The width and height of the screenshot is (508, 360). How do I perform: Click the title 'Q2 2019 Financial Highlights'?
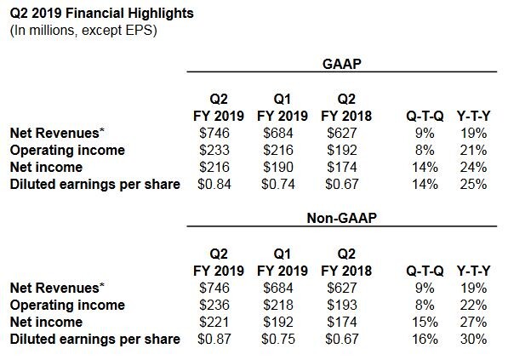coord(102,14)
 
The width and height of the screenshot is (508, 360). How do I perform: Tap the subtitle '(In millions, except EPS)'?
coord(83,31)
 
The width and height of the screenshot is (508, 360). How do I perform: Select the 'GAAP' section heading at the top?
coord(342,64)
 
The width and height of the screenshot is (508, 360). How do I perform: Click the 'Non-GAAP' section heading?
coord(342,218)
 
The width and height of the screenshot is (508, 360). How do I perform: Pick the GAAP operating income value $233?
coord(214,150)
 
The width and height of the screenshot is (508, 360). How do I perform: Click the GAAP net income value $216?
coord(214,167)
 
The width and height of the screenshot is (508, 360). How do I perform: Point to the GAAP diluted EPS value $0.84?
coord(214,185)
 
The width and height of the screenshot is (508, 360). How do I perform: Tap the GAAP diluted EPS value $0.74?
coord(278,185)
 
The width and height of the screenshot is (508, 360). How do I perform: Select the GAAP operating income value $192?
coord(342,150)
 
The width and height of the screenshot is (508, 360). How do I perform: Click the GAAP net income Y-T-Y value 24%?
coord(473,167)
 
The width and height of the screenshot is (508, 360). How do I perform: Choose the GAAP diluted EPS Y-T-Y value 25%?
coord(473,185)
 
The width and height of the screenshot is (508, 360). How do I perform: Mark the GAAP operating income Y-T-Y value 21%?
coord(473,150)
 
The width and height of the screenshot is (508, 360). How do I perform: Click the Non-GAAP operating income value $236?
coord(214,305)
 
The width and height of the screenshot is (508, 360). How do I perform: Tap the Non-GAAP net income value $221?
coord(214,322)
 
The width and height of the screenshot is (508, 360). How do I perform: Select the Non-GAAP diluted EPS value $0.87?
coord(214,340)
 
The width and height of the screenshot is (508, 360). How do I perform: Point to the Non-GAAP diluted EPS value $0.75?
coord(278,340)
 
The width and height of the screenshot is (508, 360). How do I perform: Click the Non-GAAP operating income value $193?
coord(342,305)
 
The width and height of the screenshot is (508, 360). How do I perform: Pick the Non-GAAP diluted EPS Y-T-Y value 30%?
coord(473,340)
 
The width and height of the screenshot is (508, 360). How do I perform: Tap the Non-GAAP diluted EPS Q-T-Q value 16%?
coord(425,340)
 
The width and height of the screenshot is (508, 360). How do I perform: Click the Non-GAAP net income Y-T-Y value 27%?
coord(473,322)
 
